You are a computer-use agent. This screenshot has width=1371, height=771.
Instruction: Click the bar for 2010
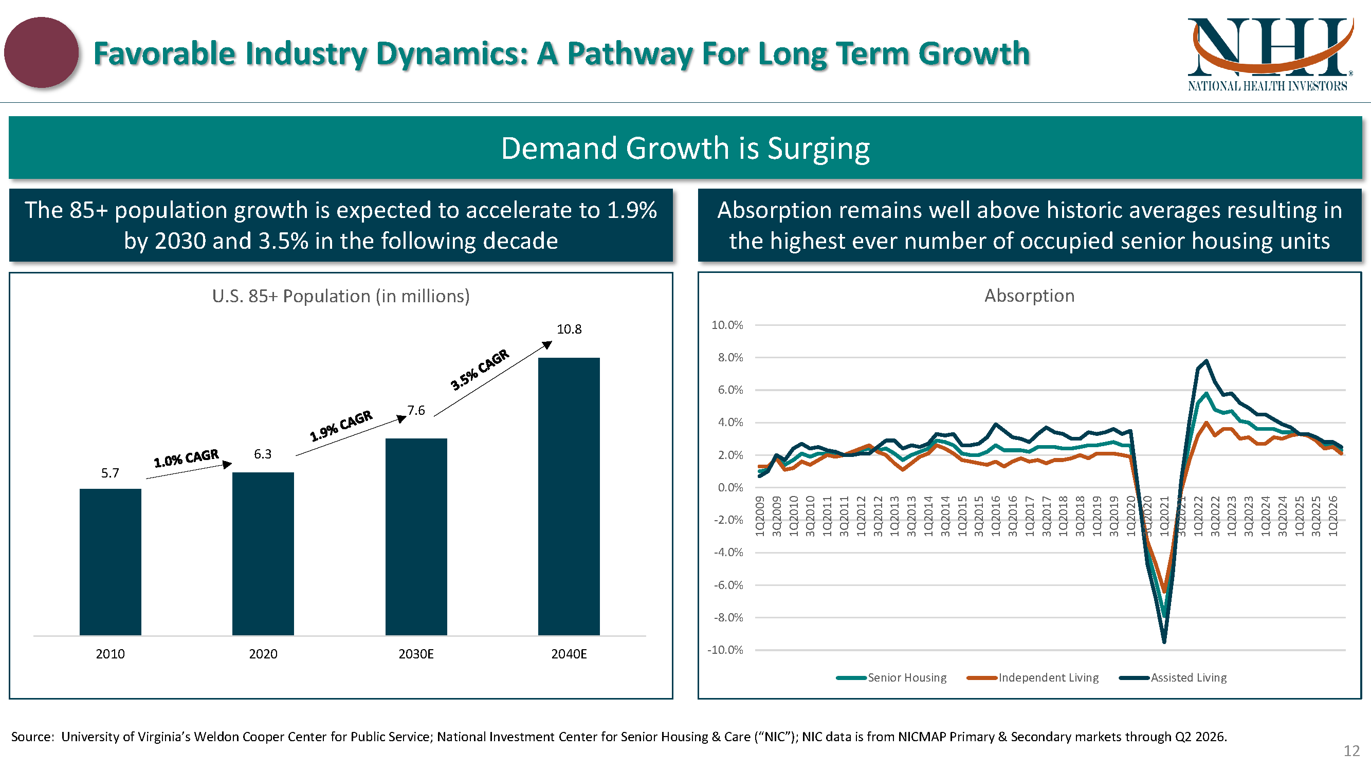point(110,562)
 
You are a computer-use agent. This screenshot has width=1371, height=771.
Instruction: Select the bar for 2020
point(263,554)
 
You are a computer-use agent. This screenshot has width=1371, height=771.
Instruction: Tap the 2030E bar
point(416,537)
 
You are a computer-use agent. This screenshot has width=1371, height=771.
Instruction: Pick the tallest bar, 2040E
point(569,497)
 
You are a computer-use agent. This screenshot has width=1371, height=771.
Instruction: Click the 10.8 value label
point(569,329)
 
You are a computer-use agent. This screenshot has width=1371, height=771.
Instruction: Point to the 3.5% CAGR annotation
point(480,370)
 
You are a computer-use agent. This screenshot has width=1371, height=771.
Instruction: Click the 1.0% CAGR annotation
point(186,458)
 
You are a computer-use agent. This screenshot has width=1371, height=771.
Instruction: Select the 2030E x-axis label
point(416,654)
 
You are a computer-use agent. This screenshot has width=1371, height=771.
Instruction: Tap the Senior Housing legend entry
point(891,677)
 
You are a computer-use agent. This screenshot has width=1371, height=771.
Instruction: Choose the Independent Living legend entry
point(1033,677)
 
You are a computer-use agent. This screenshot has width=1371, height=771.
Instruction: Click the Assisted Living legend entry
point(1173,677)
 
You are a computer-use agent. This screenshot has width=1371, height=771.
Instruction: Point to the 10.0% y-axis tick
point(727,325)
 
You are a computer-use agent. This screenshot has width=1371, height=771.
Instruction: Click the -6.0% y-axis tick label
point(728,585)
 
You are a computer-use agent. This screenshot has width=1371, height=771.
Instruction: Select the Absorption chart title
point(1029,296)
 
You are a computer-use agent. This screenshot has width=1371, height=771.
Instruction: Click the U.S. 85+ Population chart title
point(341,296)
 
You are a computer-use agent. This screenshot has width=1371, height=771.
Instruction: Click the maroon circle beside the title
point(42,52)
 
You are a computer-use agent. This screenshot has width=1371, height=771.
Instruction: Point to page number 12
point(1352,751)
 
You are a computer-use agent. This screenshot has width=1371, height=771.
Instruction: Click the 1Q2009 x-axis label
point(760,516)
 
